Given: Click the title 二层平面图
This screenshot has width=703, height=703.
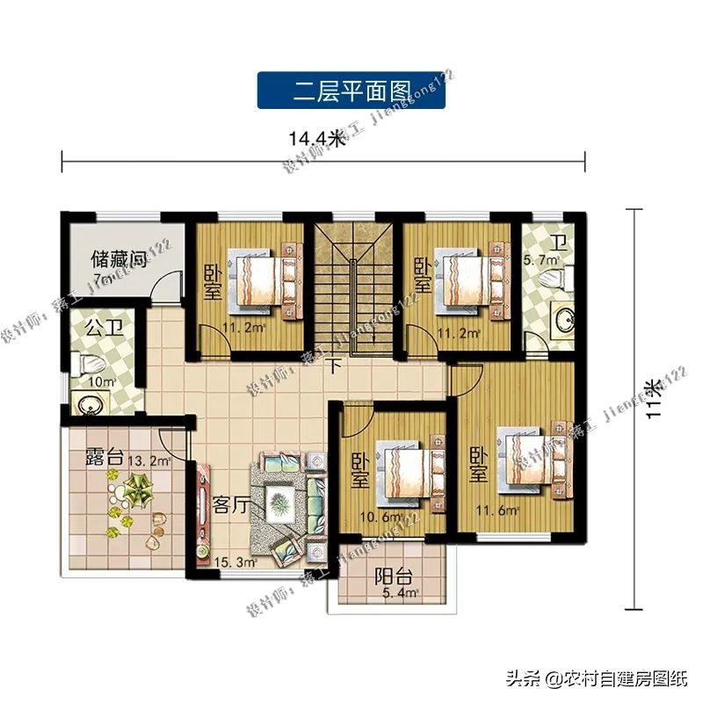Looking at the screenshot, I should click(351, 91).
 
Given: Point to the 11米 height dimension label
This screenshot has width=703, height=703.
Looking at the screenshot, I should click(652, 400).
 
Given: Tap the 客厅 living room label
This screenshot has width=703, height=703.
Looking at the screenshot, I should click(232, 505).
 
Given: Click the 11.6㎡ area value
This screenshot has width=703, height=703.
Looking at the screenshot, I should click(497, 510).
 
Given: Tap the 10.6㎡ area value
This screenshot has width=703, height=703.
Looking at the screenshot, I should click(382, 517).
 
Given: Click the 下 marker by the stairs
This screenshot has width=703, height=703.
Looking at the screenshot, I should click(334, 366).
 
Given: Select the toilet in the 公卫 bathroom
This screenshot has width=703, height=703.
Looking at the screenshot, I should click(91, 362).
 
